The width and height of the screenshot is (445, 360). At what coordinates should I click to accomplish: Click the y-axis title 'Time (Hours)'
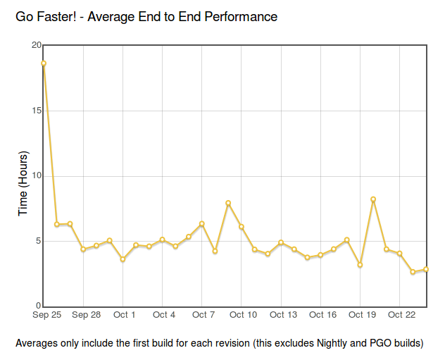coord(23,183)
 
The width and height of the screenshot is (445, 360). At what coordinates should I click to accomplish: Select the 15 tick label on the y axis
coord(37,111)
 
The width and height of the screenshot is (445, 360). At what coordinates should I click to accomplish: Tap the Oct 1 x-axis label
coord(125,315)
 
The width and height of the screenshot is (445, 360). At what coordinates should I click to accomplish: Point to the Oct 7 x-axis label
coord(203,315)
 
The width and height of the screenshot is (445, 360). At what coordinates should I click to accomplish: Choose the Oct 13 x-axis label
coord(283,315)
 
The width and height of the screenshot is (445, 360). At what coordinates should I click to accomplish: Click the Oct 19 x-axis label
coord(362,315)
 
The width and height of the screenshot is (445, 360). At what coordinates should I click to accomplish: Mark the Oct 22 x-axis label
coord(401,315)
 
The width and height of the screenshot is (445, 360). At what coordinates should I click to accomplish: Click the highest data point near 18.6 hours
coord(44,63)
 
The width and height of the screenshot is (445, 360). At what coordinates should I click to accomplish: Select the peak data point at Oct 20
coord(373,199)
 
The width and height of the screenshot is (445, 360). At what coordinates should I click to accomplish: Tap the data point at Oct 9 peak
coord(228,203)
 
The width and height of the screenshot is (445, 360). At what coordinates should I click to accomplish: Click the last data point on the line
coord(426,269)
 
